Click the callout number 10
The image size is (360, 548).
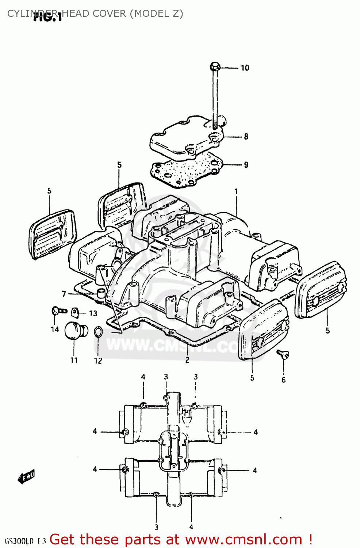pyautogui.click(x=245, y=68)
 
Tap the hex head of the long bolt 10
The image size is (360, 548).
pyautogui.click(x=215, y=67)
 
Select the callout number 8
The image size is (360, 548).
pyautogui.click(x=246, y=137)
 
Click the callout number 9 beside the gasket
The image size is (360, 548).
pyautogui.click(x=246, y=165)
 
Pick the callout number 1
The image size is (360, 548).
pyautogui.click(x=236, y=191)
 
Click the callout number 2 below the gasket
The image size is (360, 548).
pyautogui.click(x=187, y=360)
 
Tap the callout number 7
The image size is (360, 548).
pyautogui.click(x=64, y=294)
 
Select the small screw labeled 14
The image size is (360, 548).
pyautogui.click(x=58, y=311)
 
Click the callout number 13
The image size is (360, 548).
pyautogui.click(x=93, y=313)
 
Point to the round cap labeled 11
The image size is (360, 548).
pyautogui.click(x=76, y=331)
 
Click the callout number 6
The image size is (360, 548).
pyautogui.click(x=284, y=380)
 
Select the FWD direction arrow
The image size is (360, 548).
pyautogui.click(x=26, y=477)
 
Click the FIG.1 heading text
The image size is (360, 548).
pyautogui.click(x=47, y=17)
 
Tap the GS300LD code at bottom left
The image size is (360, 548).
pyautogui.click(x=19, y=541)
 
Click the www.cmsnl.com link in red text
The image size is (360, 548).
pyautogui.click(x=244, y=540)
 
